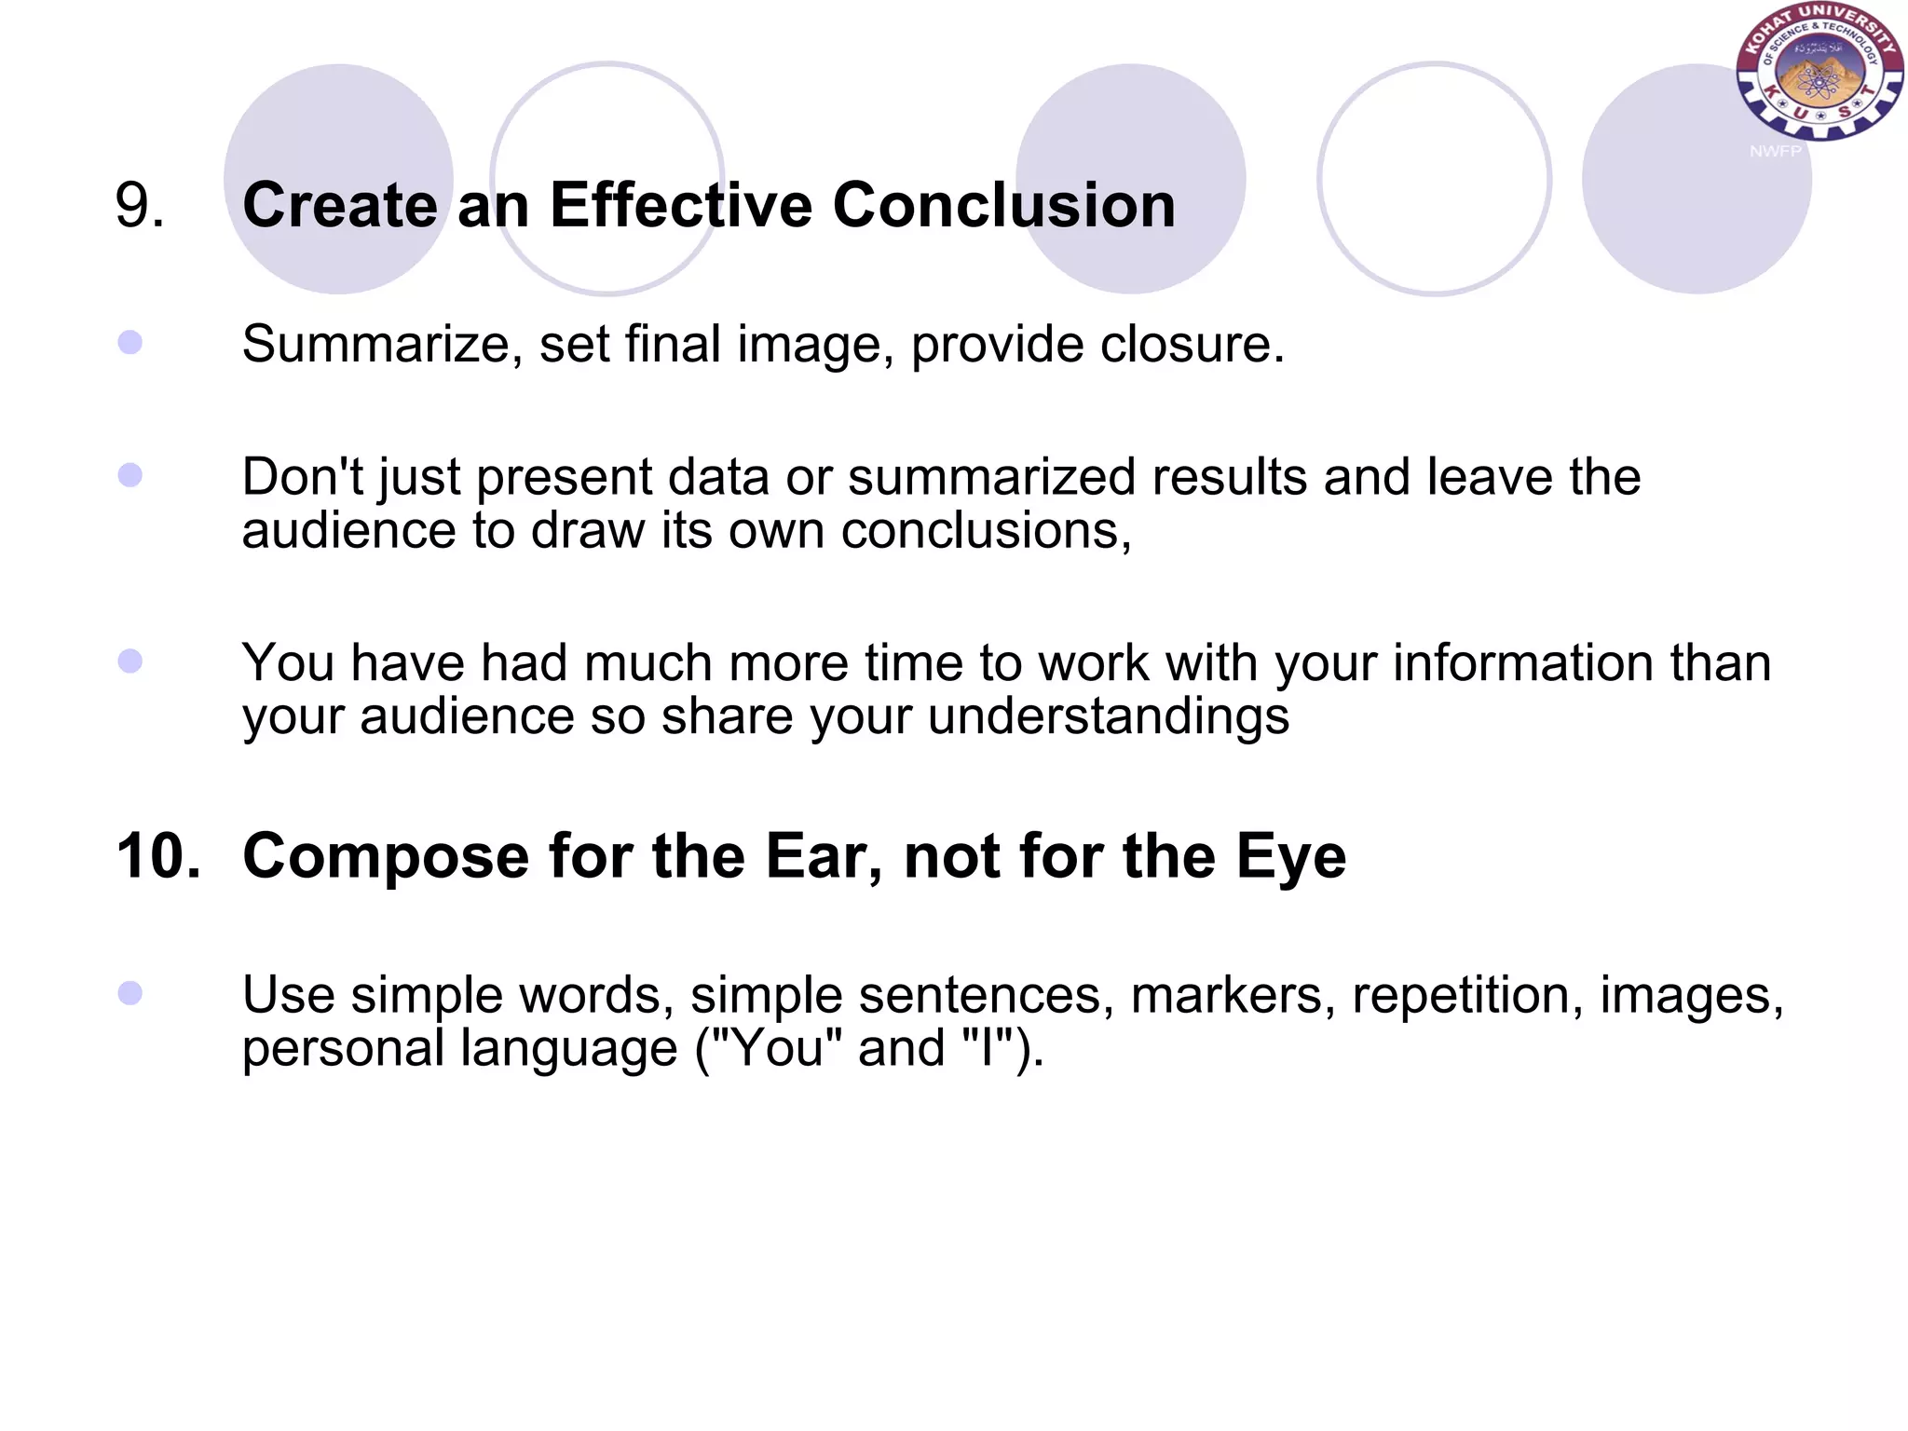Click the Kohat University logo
(1819, 72)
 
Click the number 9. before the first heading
(140, 205)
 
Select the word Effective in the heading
(680, 205)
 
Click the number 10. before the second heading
(157, 855)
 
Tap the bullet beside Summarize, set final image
(130, 343)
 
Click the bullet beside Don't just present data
(130, 476)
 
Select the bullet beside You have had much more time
(130, 661)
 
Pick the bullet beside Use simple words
(130, 993)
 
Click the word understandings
(1108, 716)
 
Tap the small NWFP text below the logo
(1775, 151)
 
